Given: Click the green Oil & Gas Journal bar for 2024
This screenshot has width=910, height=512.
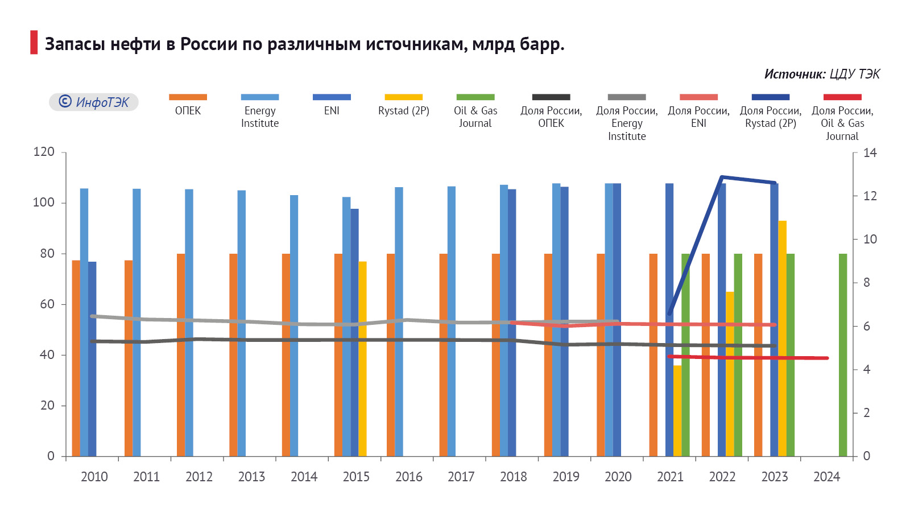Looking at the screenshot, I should (843, 355).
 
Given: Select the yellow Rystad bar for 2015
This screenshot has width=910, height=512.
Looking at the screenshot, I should (362, 358).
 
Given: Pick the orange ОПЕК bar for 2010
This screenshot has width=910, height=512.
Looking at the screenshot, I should (76, 358).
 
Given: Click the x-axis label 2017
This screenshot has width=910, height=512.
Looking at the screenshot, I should (461, 477).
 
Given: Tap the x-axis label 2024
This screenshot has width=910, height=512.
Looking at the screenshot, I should (826, 477).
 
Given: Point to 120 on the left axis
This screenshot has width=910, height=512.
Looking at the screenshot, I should (44, 152).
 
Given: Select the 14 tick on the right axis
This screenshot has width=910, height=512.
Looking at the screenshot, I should (870, 152).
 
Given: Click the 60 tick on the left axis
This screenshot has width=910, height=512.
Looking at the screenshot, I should (47, 304).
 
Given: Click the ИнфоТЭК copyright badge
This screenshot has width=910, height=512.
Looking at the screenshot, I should (94, 102).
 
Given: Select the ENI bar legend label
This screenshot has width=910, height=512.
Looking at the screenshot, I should (332, 110).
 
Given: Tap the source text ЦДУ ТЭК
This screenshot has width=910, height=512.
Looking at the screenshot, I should (854, 74).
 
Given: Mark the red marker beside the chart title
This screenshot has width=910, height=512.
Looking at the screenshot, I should (34, 43).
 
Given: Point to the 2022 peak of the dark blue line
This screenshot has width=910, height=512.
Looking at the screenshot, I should (722, 177).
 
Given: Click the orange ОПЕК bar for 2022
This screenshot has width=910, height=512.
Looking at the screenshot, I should (705, 355).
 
